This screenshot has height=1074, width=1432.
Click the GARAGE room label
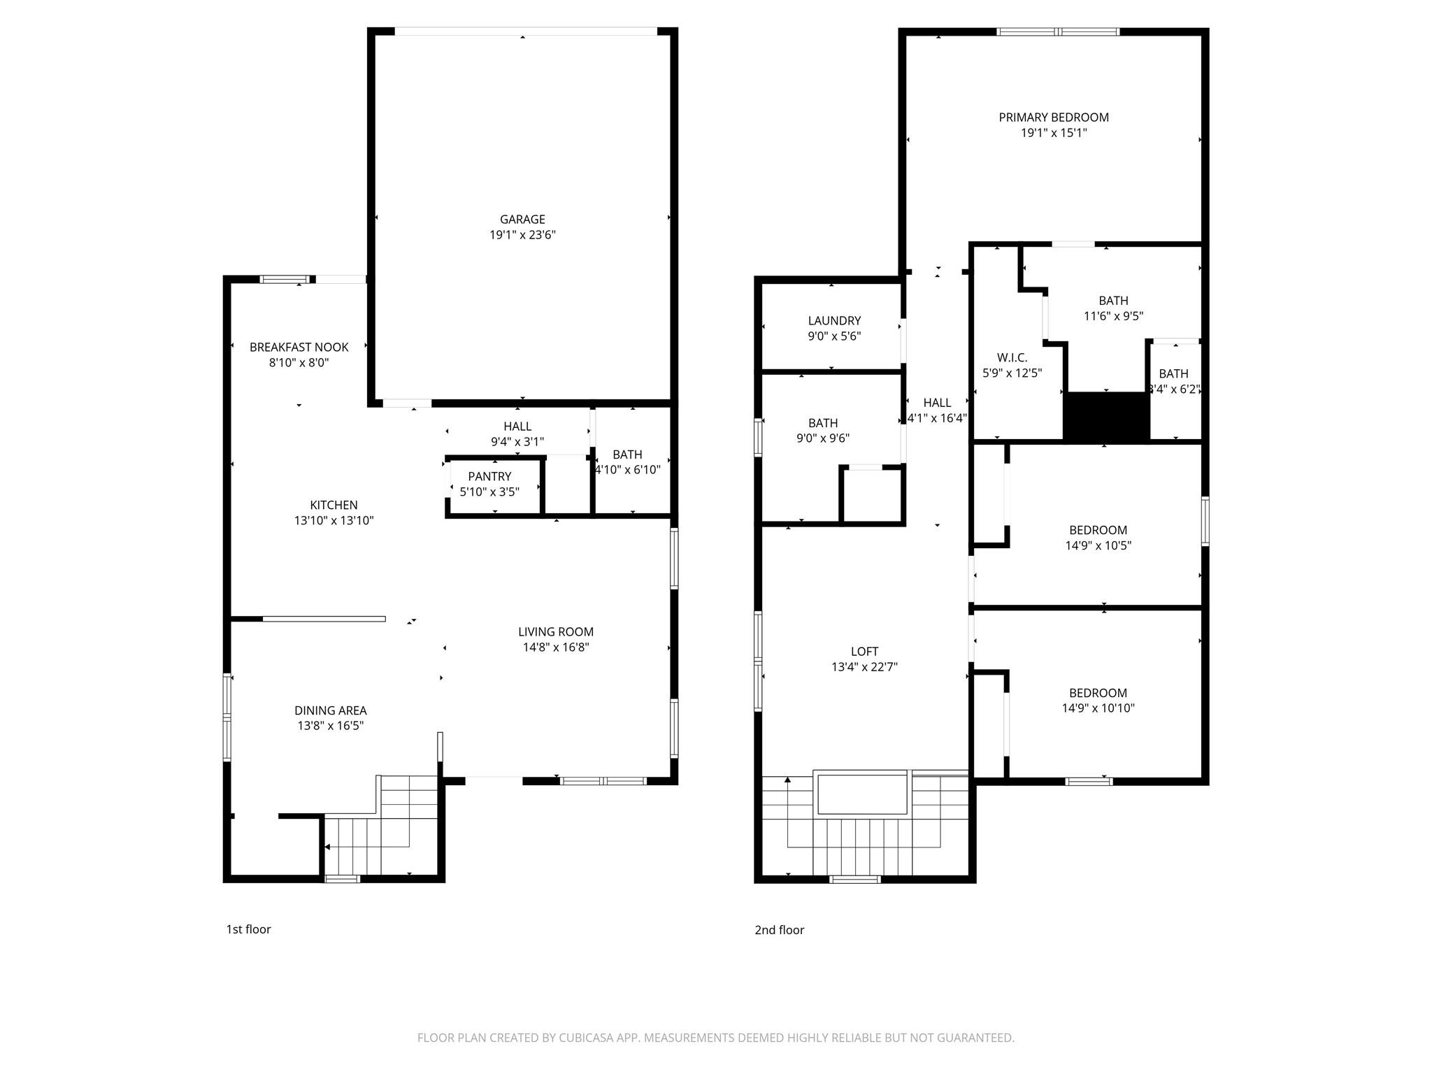[522, 220]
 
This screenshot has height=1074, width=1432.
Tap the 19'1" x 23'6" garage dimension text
[522, 235]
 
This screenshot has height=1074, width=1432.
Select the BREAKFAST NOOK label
[299, 348]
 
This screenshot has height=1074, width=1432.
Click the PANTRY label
[489, 477]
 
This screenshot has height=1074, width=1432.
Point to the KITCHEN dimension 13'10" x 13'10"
[334, 520]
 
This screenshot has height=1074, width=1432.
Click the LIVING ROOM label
[556, 632]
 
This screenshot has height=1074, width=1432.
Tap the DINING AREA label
[330, 710]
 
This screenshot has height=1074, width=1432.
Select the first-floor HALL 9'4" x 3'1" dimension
[517, 442]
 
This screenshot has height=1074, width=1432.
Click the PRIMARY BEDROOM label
[1054, 117]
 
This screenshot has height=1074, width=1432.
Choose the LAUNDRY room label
[834, 321]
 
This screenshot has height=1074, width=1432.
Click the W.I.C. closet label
[1012, 358]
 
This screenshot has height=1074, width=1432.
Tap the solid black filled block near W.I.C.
[1106, 417]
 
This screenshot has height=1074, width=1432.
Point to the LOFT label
[864, 652]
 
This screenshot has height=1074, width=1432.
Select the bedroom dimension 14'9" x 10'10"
[1098, 708]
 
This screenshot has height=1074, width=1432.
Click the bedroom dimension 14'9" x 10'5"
[1098, 545]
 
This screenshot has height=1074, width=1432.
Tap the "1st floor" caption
[248, 929]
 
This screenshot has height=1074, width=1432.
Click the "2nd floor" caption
[779, 930]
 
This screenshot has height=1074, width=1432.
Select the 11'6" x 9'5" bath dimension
[1113, 316]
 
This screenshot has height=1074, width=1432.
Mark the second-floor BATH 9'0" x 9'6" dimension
[823, 438]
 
